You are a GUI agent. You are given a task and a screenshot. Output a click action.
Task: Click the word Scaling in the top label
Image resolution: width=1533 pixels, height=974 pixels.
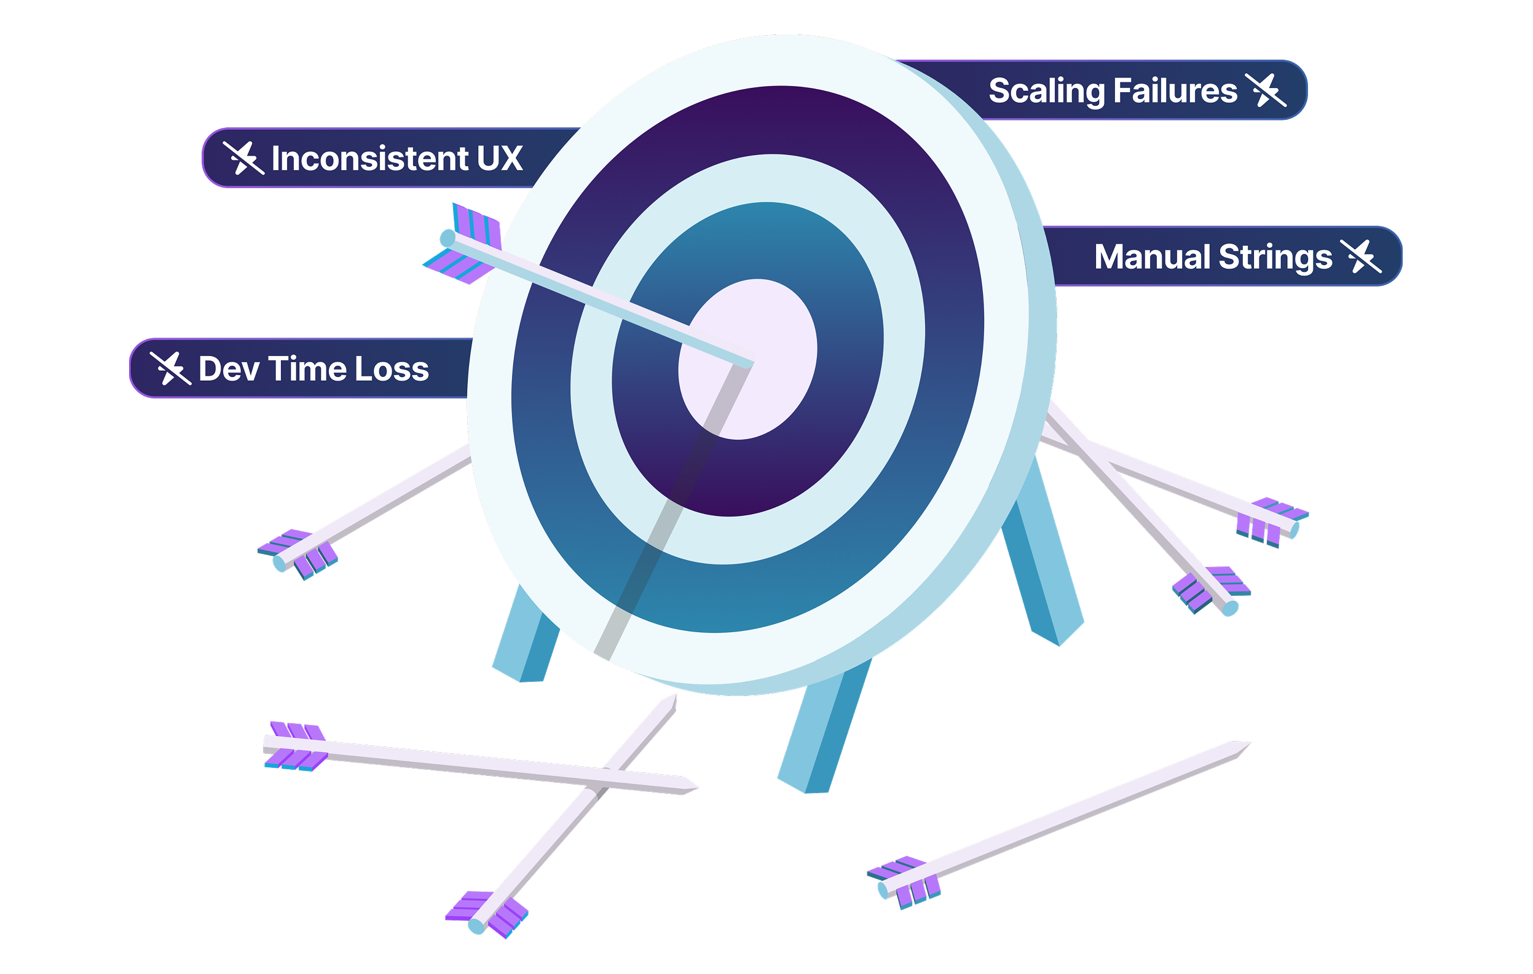pos(1046,91)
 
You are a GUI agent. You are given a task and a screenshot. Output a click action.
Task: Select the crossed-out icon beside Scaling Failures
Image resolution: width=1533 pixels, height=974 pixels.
pos(1266,90)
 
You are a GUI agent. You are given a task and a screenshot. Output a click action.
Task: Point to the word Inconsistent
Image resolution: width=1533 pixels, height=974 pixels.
pos(370,158)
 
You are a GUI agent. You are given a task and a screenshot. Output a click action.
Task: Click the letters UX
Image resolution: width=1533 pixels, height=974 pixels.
pos(499,158)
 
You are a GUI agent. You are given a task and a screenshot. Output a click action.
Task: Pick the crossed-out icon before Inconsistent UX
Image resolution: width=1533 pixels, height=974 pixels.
pos(243,157)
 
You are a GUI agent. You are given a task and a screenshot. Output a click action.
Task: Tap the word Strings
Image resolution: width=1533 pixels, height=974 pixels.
pos(1275,258)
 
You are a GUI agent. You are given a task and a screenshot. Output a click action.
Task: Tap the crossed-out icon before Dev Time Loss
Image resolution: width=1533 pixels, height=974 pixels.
pos(170,368)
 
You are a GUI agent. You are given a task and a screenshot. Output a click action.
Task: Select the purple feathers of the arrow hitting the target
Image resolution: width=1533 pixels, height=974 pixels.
pos(468,245)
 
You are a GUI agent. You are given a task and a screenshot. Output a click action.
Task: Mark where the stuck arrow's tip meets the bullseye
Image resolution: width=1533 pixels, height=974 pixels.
pos(751,364)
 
